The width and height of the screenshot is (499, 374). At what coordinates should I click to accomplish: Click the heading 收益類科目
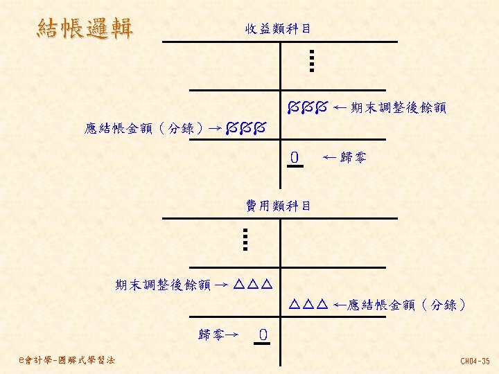pos(277,29)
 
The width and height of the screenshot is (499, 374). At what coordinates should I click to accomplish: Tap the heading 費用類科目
pos(279,206)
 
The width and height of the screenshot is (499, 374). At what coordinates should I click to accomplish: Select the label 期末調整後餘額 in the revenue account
pos(399,108)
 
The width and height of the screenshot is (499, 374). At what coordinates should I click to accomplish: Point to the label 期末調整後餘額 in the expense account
pos(163,285)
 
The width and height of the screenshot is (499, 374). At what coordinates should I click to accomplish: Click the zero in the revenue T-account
pos(295,159)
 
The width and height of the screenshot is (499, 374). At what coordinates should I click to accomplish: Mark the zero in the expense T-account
pos(263,336)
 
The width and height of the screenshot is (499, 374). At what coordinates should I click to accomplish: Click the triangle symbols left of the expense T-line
pos(252,285)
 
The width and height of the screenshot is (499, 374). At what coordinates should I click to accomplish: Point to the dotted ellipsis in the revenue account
pos(312,60)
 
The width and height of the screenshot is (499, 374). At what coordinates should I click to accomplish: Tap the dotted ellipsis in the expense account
pos(246,239)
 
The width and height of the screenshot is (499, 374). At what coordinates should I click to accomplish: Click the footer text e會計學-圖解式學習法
pos(69,360)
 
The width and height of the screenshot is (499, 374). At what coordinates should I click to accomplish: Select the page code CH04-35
pos(475,361)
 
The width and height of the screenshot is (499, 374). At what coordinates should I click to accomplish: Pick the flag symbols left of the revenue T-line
pos(245,128)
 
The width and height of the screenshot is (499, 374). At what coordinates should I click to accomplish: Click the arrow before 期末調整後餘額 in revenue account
pos(340,108)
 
